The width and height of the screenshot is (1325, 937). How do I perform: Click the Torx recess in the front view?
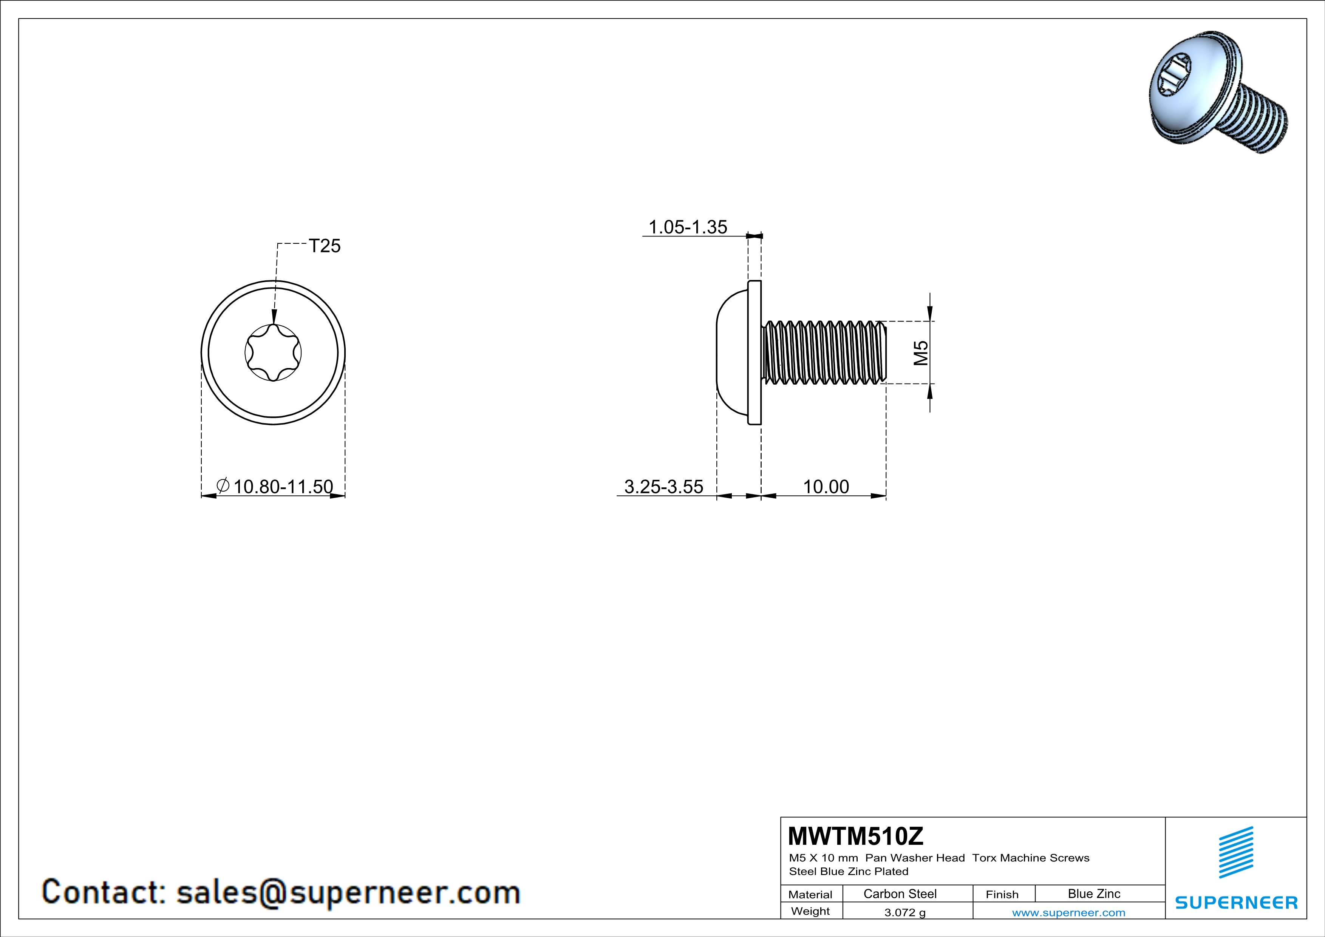[x=273, y=352]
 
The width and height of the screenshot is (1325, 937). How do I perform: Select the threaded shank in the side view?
[x=824, y=352]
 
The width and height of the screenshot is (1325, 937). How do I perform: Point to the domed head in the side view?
[x=732, y=352]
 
